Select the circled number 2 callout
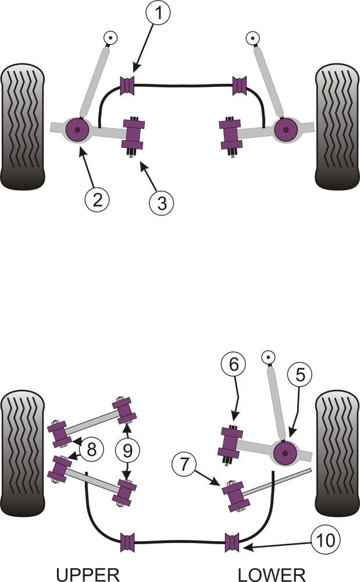97,200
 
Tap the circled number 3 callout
161,203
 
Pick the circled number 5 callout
300,375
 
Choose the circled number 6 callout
233,365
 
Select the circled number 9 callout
128,449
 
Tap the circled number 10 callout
324,541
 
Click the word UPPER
88,574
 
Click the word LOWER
272,574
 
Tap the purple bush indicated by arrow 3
135,134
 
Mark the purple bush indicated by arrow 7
236,495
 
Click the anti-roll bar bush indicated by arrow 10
233,542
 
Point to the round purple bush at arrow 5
286,452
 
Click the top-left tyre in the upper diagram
23,126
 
